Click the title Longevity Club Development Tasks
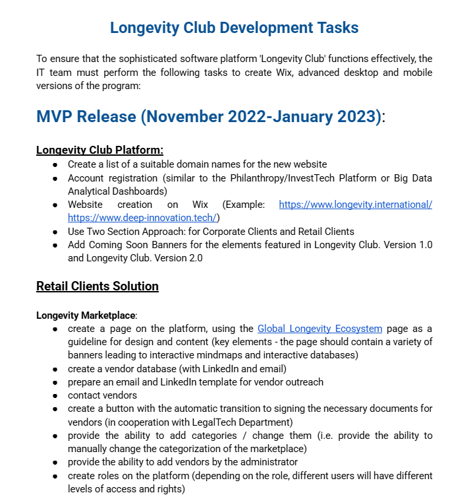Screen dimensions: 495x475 234,28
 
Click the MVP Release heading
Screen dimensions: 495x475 209,117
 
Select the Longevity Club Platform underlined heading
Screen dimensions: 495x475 99,150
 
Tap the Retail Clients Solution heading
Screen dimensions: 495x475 98,286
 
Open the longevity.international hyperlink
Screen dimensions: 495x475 355,205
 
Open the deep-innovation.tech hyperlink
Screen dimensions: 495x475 143,218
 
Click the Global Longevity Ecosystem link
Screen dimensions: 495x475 320,328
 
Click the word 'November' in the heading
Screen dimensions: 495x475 183,117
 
